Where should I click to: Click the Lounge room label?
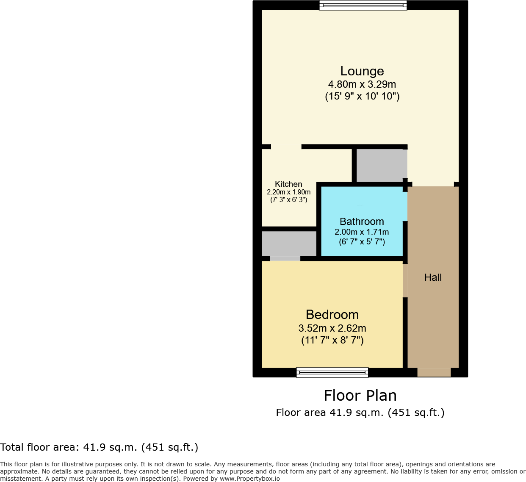pyautogui.click(x=362, y=71)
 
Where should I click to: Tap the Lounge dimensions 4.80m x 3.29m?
pyautogui.click(x=362, y=84)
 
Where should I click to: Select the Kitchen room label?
pyautogui.click(x=288, y=184)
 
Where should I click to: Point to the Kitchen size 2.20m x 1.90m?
pyautogui.click(x=288, y=192)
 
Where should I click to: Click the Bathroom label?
pyautogui.click(x=362, y=222)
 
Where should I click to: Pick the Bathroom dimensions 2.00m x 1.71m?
pyautogui.click(x=362, y=232)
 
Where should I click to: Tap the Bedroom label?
pyautogui.click(x=332, y=315)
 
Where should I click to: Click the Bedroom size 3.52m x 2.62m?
pyautogui.click(x=332, y=328)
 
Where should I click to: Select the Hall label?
pyautogui.click(x=433, y=277)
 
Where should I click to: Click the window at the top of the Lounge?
pyautogui.click(x=363, y=5)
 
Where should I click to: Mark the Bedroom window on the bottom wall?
pyautogui.click(x=332, y=372)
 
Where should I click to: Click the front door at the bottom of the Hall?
pyautogui.click(x=434, y=372)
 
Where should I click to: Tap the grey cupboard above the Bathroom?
pyautogui.click(x=379, y=165)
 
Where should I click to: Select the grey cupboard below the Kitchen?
pyautogui.click(x=289, y=244)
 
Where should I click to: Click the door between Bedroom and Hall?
pyautogui.click(x=405, y=280)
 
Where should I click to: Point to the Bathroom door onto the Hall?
pyautogui.click(x=405, y=206)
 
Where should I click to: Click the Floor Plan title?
pyautogui.click(x=360, y=396)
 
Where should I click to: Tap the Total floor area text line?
pyautogui.click(x=99, y=447)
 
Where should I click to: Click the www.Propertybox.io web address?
pyautogui.click(x=249, y=479)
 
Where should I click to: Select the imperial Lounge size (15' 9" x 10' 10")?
pyautogui.click(x=362, y=96)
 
